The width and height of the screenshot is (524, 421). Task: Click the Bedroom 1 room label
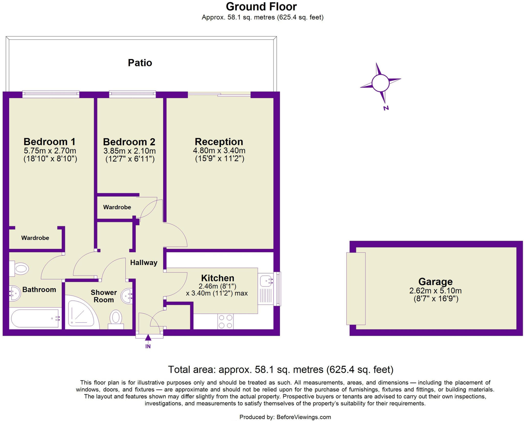[49, 142]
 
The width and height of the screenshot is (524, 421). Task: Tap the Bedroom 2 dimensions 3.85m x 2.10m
[129, 151]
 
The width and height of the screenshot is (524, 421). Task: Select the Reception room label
[219, 142]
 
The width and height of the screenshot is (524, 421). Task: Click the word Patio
[140, 63]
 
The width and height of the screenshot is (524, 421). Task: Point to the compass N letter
[386, 108]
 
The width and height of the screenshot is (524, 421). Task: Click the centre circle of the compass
[380, 83]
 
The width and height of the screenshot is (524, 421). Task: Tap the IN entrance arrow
[148, 338]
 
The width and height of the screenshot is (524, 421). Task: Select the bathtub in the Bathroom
[35, 318]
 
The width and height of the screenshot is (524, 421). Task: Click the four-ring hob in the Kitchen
[225, 321]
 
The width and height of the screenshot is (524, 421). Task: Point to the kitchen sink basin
[266, 281]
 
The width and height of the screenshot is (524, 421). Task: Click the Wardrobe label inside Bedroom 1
[35, 238]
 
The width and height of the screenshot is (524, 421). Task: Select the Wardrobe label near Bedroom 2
[117, 207]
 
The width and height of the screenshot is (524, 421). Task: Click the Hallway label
[144, 263]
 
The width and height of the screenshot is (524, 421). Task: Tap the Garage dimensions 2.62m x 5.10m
[435, 291]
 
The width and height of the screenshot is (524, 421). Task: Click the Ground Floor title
[261, 7]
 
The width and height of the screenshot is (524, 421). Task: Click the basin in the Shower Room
[127, 296]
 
